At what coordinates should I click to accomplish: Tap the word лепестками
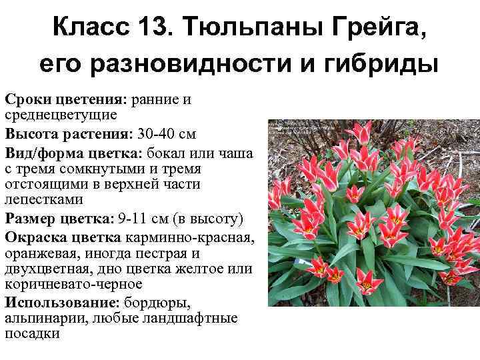coord(44,199)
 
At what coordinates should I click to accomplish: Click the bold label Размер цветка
coord(58,218)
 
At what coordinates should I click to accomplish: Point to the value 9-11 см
coord(140,218)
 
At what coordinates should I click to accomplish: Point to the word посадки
coord(32,334)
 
